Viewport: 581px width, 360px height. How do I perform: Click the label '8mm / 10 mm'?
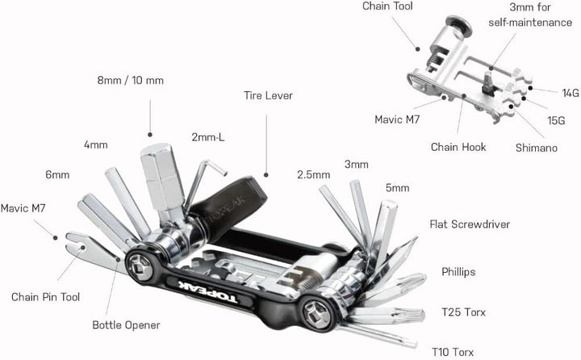(x=131, y=80)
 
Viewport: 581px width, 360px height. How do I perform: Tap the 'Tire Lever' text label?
(x=268, y=95)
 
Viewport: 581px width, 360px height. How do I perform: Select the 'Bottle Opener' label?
(x=126, y=325)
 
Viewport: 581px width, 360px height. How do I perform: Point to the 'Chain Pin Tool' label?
(x=45, y=296)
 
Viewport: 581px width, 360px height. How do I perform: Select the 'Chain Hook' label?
(x=457, y=147)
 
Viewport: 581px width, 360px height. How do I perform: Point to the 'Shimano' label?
(x=536, y=148)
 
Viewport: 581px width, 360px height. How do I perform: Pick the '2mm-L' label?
(x=208, y=137)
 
